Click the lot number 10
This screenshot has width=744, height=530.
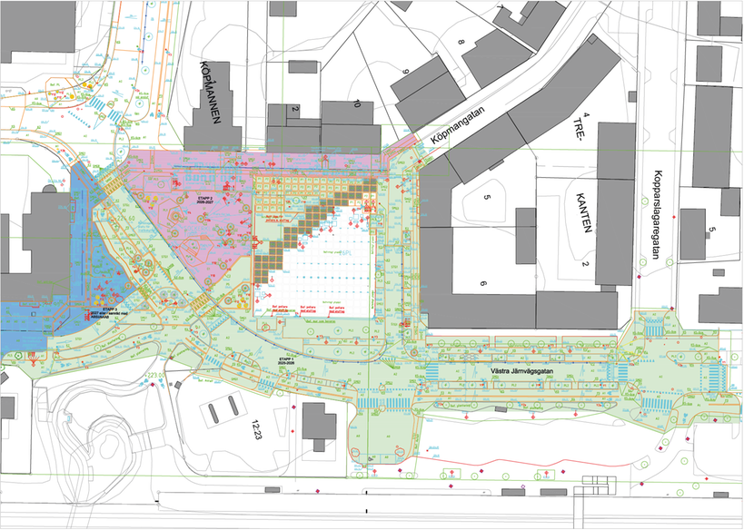click(x=357, y=105)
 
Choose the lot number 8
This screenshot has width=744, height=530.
click(x=461, y=43)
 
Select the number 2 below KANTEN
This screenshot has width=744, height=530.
click(x=587, y=264)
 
